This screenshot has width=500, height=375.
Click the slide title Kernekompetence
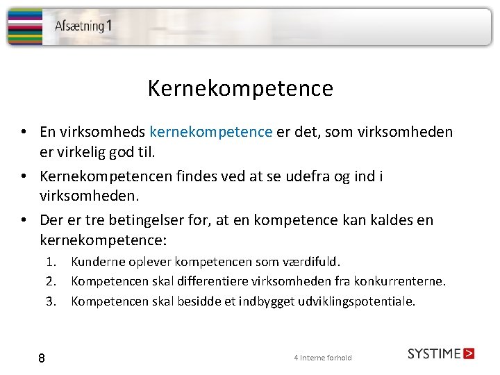point(240,89)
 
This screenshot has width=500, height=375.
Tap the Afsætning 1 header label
point(83,26)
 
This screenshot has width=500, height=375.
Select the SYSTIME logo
point(440,353)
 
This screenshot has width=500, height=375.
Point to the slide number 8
point(42,358)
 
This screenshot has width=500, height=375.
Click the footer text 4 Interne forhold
point(323,358)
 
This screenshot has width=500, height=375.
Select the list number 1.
point(51,262)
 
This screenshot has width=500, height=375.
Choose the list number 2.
point(51,281)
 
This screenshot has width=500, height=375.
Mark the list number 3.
point(51,301)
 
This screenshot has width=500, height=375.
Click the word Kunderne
point(96,262)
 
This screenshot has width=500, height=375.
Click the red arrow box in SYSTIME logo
point(469,353)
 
